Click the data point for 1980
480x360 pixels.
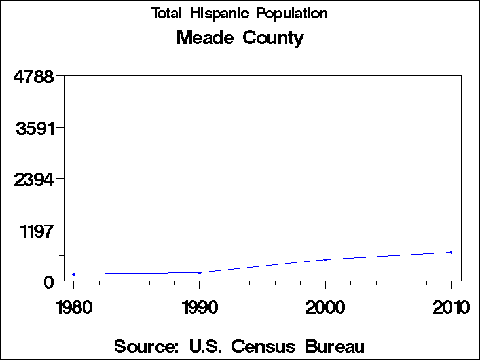coord(74,274)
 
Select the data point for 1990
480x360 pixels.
coord(200,272)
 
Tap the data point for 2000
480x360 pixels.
coord(325,260)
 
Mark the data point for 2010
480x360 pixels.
coord(451,252)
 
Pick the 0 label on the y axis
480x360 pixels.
coord(48,282)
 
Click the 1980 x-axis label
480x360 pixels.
coord(74,307)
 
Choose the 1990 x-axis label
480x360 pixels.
coord(200,307)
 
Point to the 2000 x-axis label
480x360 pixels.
coord(325,307)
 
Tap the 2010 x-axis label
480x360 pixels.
coord(451,307)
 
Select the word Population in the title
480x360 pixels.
coord(293,14)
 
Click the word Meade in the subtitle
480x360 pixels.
coord(205,38)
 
